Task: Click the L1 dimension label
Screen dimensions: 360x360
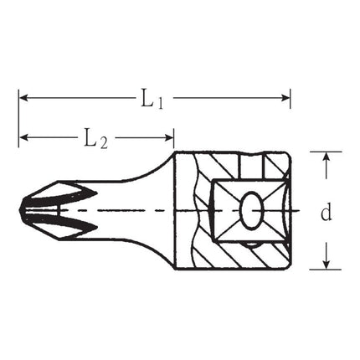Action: point(151,100)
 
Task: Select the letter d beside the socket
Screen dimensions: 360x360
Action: point(327,213)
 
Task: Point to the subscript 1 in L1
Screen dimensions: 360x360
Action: point(158,103)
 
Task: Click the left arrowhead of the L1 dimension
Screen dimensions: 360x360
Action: point(23,98)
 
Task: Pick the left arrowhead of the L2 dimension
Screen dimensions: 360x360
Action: point(23,136)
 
